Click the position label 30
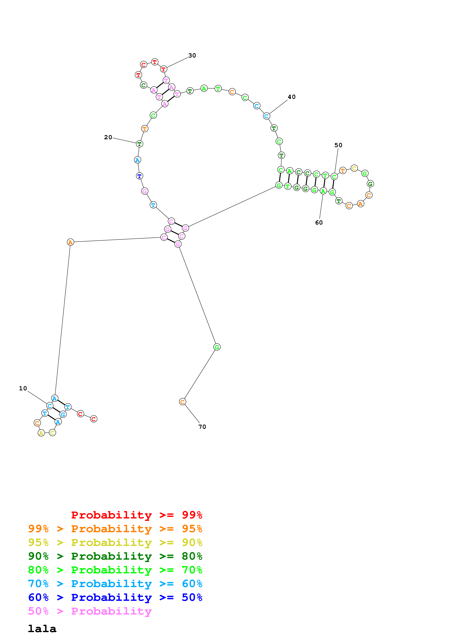(x=192, y=55)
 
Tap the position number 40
(x=292, y=97)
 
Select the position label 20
(x=108, y=137)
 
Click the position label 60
(x=319, y=223)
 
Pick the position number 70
(x=202, y=427)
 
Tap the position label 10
(x=23, y=388)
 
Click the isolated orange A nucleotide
(x=71, y=242)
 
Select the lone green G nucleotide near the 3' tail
(x=217, y=347)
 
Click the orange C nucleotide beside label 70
(x=182, y=402)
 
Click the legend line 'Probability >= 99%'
(x=136, y=515)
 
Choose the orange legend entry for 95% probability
(x=115, y=529)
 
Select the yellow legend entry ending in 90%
(x=115, y=542)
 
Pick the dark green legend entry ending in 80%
(x=115, y=556)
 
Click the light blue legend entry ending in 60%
(x=115, y=584)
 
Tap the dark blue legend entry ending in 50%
(x=115, y=597)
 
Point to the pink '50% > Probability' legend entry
(x=90, y=611)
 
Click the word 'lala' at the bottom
(x=42, y=629)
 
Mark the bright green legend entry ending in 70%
(x=115, y=570)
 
